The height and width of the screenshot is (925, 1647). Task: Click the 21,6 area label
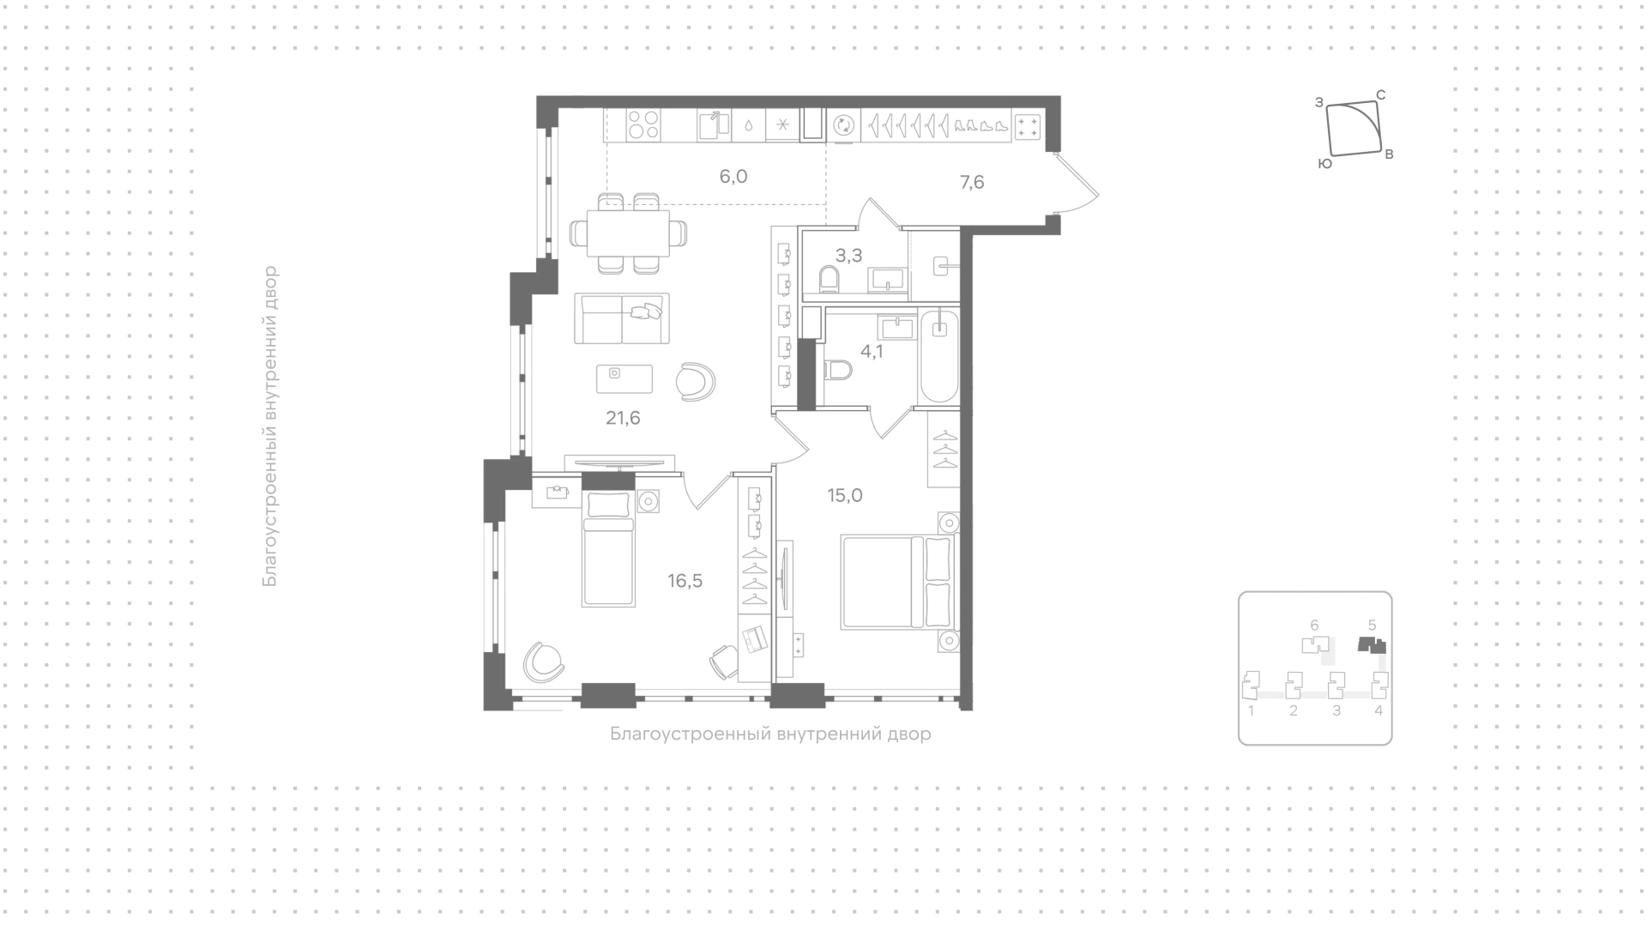[x=623, y=419]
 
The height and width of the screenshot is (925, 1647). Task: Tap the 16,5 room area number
[x=685, y=581]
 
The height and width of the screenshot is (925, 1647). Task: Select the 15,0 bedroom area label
[x=845, y=495]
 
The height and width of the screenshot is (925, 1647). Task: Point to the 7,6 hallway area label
[x=971, y=182]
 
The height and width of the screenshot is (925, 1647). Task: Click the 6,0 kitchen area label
[x=733, y=177]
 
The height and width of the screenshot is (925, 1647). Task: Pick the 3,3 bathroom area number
[x=848, y=256]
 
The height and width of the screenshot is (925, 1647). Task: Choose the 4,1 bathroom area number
[x=872, y=351]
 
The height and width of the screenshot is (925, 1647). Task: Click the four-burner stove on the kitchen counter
[x=643, y=125]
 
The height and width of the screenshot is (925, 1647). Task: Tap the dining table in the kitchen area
[x=628, y=233]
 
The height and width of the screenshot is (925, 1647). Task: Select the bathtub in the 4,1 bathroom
[x=938, y=356]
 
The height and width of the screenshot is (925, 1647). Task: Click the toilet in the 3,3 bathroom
[x=830, y=279]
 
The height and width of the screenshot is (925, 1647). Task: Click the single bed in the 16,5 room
[x=609, y=549]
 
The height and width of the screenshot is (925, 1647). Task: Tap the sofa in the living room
[x=622, y=318]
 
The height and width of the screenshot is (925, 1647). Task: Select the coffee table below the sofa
[x=624, y=378]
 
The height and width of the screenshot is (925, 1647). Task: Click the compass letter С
[x=1381, y=94]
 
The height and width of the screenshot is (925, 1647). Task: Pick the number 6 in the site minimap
[x=1314, y=626]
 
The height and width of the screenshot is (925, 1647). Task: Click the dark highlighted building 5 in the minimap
[x=1372, y=644]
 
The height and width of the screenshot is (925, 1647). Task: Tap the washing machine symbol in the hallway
[x=844, y=125]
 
